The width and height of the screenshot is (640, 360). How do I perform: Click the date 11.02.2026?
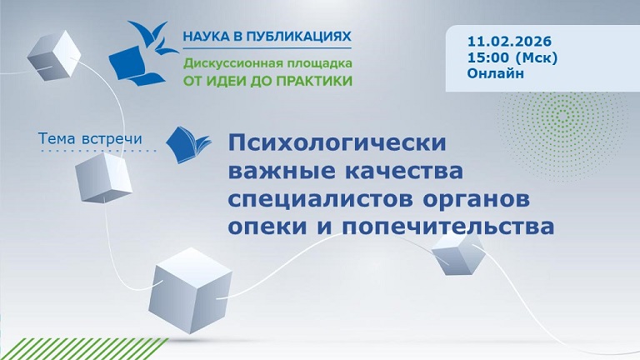(x=510, y=40)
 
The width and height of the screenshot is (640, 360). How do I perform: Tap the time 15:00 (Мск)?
(x=512, y=57)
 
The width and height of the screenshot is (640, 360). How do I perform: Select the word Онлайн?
(x=496, y=73)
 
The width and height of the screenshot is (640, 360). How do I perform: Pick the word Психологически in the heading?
(x=337, y=143)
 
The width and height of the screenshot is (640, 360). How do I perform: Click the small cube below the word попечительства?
(x=457, y=252)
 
